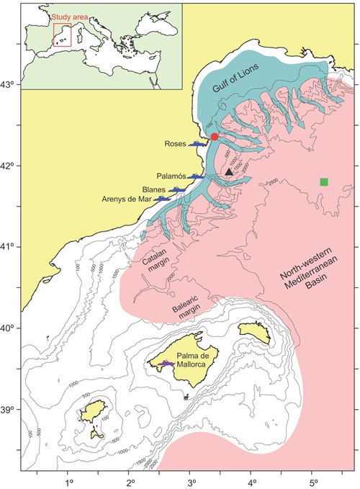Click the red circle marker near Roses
tap(215, 137)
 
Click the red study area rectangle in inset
tap(62, 35)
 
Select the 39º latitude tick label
tap(9, 410)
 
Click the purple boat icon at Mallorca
tap(168, 364)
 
